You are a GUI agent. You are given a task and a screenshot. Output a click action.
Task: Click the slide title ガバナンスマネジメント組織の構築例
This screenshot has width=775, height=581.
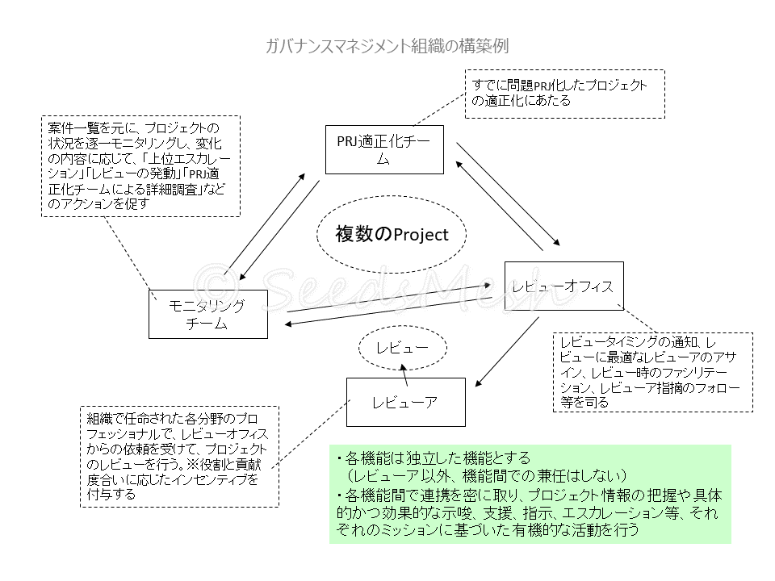coord(387,46)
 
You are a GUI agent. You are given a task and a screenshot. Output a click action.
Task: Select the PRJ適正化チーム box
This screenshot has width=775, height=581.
coord(384,149)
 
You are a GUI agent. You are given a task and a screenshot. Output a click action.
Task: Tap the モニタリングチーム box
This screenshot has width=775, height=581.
coord(209,313)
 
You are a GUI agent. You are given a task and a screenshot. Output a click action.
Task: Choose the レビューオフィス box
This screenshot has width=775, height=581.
coord(563,286)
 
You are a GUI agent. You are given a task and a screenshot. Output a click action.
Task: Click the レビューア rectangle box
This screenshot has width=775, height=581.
coord(406,401)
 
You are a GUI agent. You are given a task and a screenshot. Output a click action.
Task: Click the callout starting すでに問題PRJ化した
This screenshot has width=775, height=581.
coord(564,94)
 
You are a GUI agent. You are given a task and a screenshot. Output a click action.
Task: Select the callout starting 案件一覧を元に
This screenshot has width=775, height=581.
coord(139,165)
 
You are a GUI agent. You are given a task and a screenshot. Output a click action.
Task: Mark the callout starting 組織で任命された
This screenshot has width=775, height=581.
coord(179,456)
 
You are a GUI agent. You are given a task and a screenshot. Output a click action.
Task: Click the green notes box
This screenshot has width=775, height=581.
coord(530,494)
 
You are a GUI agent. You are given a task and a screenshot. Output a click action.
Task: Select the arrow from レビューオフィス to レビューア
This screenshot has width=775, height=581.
coord(505,350)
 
